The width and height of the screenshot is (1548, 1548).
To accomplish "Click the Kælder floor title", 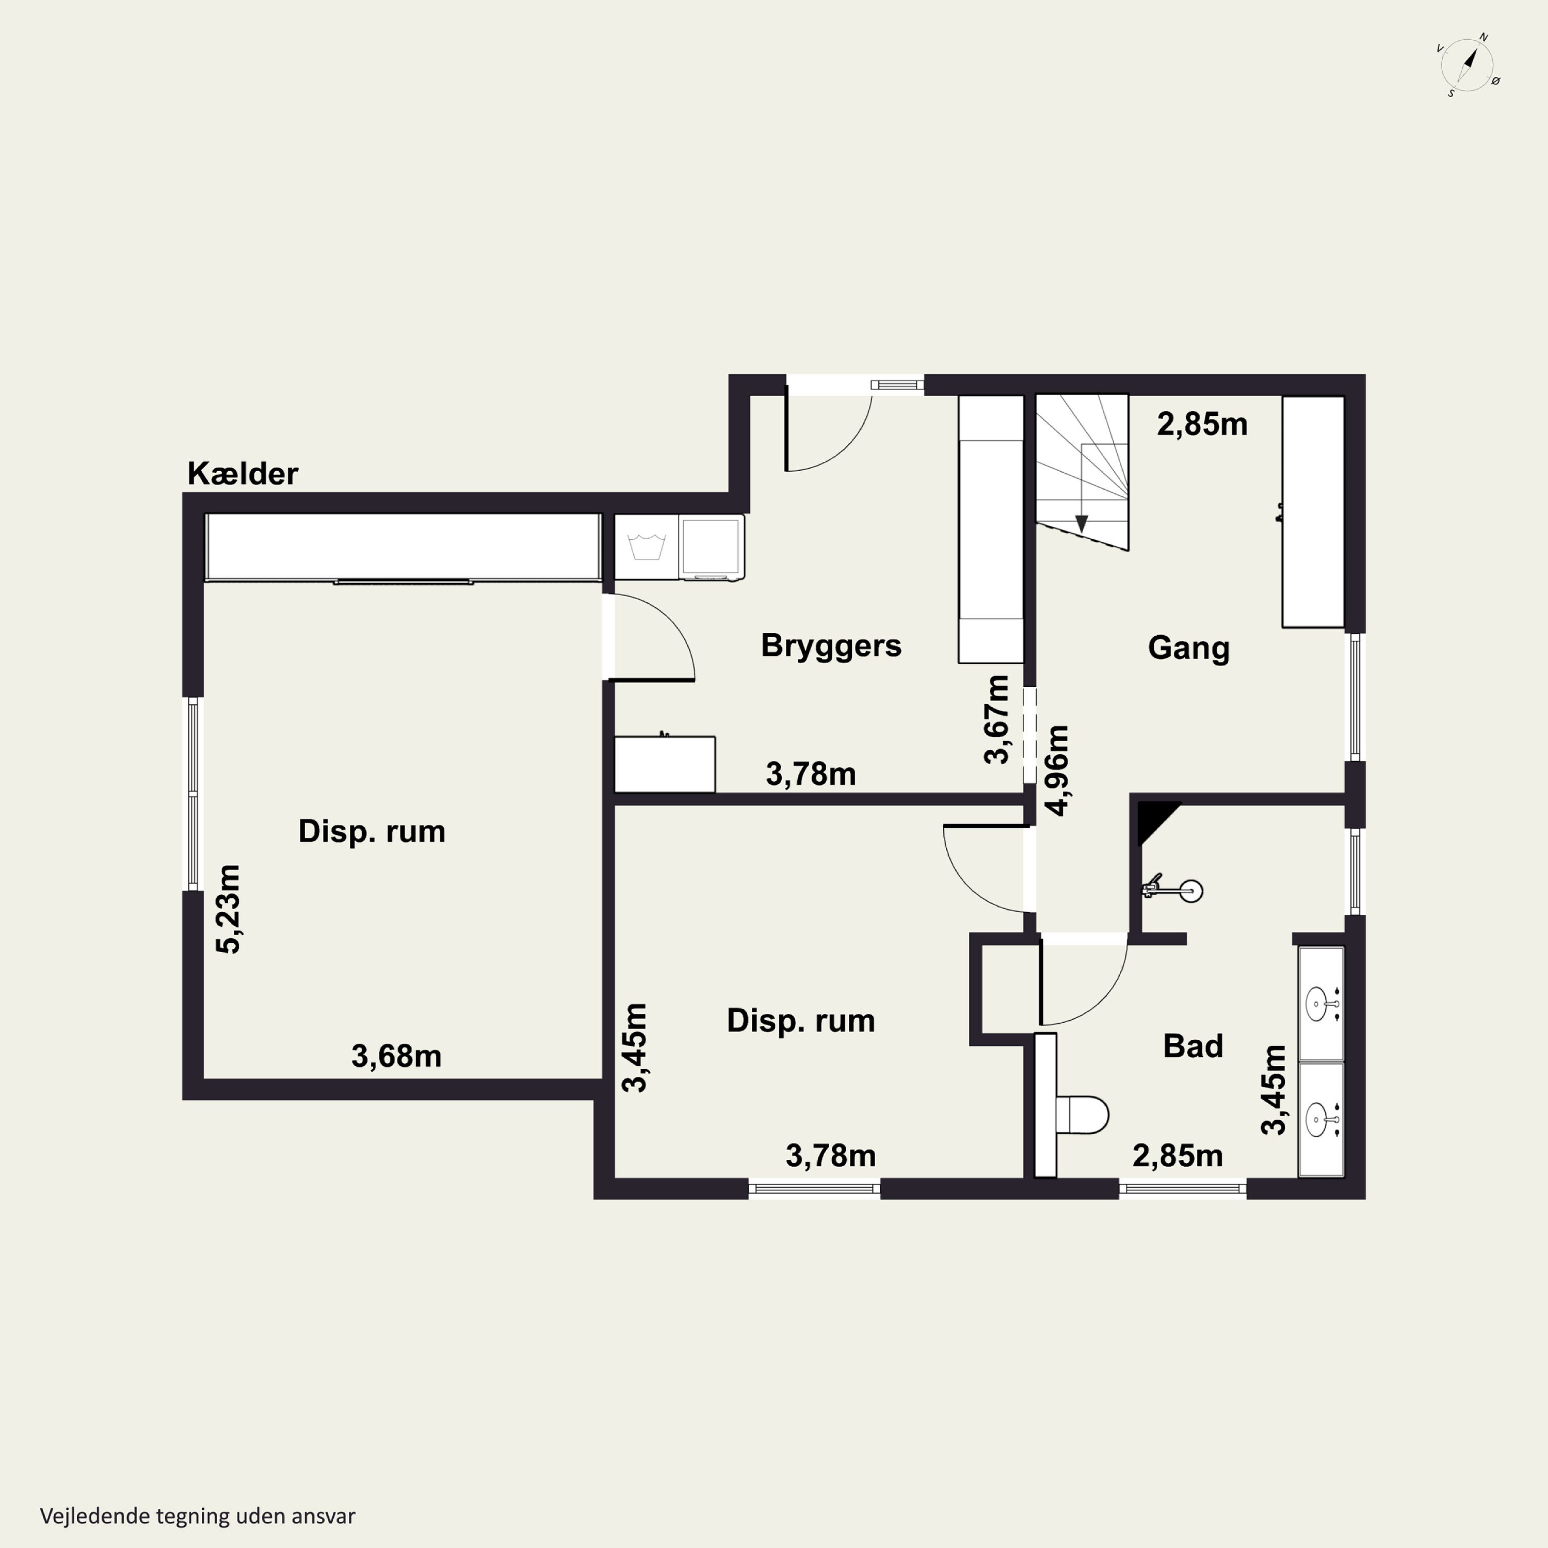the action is pyautogui.click(x=243, y=474).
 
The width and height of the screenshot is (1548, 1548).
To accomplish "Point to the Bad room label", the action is pyautogui.click(x=1193, y=1046).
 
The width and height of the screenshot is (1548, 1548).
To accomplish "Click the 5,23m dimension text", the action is pyautogui.click(x=229, y=909).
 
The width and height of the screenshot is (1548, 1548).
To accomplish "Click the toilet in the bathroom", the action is pyautogui.click(x=1082, y=1115).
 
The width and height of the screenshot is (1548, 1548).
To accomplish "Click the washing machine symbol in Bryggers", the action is pyautogui.click(x=647, y=546).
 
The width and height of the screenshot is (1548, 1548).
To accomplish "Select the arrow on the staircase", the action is pyautogui.click(x=1082, y=488).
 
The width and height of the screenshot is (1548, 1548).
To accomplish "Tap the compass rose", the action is pyautogui.click(x=1468, y=65).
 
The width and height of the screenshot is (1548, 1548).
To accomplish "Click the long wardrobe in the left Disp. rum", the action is pyautogui.click(x=403, y=546).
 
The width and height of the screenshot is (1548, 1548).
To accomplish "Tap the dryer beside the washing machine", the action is pyautogui.click(x=712, y=546).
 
